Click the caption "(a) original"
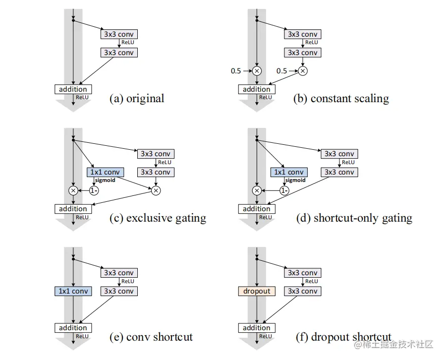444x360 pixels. tap(136, 98)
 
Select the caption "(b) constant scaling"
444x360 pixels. tap(341, 98)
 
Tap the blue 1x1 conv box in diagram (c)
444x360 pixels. tap(105, 172)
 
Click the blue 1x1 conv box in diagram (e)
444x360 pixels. tap(73, 291)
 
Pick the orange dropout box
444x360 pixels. tap(257, 291)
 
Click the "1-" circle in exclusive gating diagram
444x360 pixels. tap(94, 190)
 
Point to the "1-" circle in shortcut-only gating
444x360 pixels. tap(284, 190)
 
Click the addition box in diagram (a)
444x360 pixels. tap(73, 89)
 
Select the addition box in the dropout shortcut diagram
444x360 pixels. tap(257, 328)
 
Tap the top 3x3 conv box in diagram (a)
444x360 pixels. tap(119, 34)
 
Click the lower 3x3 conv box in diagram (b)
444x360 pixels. tap(302, 53)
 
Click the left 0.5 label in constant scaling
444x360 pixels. tap(236, 71)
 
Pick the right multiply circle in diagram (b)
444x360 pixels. tap(302, 71)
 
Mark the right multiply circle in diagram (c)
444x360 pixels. tap(156, 190)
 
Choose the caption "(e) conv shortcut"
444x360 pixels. tap(151, 337)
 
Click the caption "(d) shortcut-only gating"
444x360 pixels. tap(354, 218)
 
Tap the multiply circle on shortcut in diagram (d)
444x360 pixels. tap(257, 190)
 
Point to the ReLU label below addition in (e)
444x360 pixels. tap(82, 336)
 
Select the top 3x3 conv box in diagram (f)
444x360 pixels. tap(302, 273)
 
